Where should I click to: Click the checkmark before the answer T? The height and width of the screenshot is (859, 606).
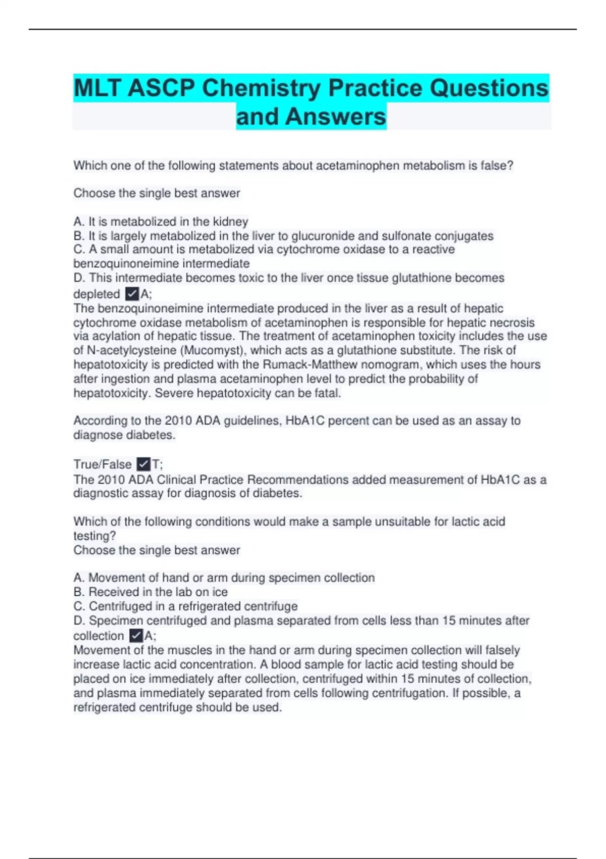(143, 464)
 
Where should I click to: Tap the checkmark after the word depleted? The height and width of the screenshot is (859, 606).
(132, 294)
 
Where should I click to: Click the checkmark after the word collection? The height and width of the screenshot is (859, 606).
(136, 636)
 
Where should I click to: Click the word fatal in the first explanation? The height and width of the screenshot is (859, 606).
(327, 393)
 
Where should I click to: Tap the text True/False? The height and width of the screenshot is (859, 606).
(103, 464)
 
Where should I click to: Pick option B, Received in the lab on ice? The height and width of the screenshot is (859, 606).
(150, 592)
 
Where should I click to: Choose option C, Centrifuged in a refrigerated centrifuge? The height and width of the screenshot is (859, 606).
(185, 606)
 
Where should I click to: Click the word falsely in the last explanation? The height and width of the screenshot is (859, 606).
(502, 650)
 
